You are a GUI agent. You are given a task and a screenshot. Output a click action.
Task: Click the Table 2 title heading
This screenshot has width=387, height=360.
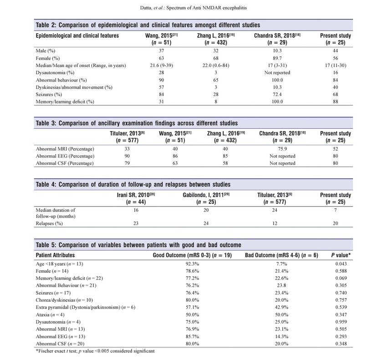tap(148, 25)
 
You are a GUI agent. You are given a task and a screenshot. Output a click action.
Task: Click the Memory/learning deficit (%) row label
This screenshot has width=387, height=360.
tap(65, 102)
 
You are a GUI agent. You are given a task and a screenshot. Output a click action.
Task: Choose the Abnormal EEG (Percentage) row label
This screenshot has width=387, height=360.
tap(65, 156)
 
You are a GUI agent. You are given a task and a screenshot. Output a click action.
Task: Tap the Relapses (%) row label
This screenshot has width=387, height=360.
tap(50, 224)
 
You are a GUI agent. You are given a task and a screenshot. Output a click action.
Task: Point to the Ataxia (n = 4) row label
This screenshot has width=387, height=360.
tap(51, 315)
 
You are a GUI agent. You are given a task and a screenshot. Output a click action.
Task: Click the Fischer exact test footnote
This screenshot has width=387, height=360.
tap(95, 351)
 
